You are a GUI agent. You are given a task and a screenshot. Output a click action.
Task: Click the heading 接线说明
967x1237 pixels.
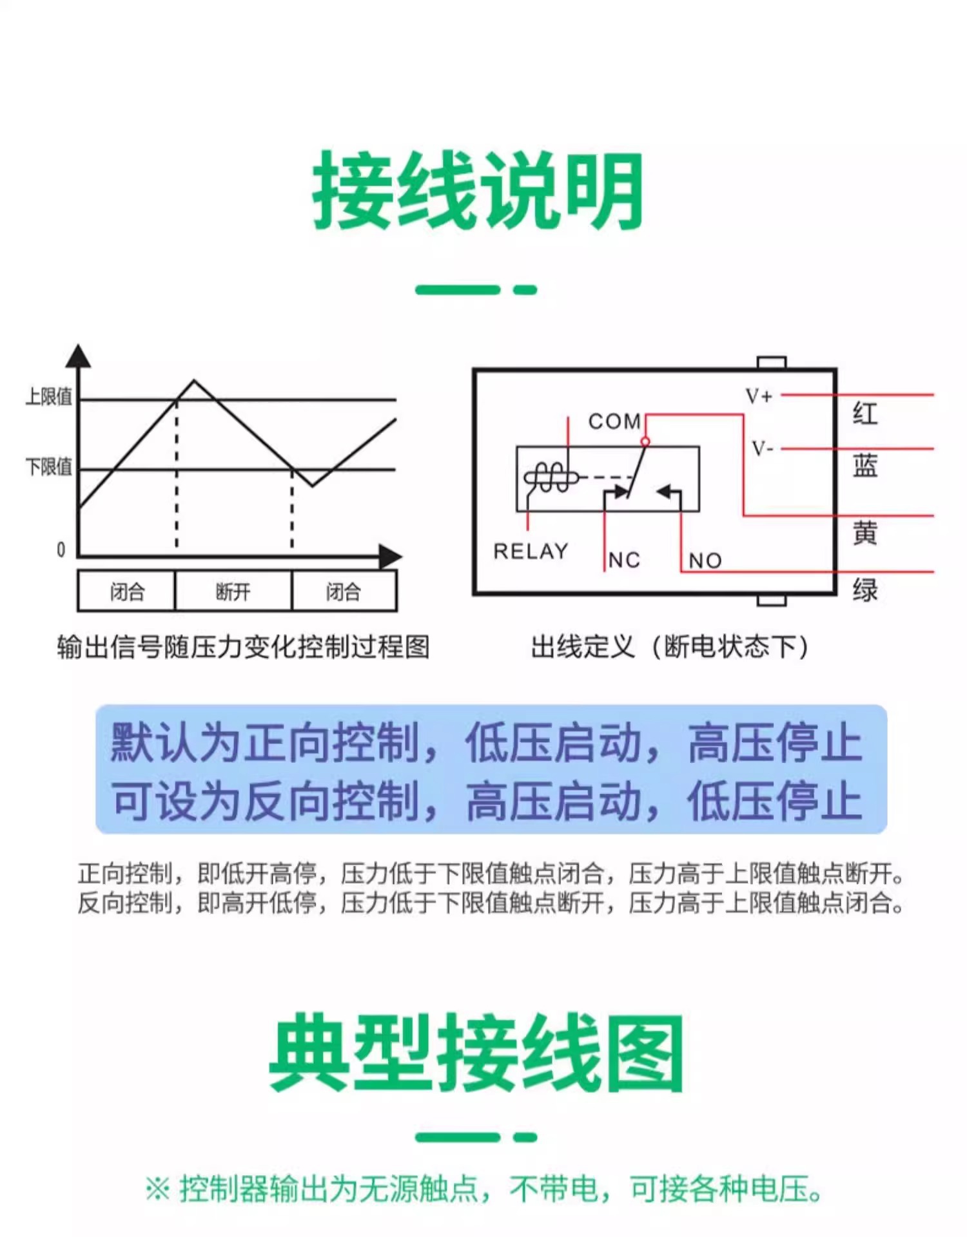(478, 191)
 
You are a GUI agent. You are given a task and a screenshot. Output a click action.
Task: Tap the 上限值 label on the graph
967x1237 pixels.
(49, 397)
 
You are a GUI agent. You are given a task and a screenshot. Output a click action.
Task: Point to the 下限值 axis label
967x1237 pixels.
(49, 466)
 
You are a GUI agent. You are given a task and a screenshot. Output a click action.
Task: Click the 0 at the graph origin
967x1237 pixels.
(61, 550)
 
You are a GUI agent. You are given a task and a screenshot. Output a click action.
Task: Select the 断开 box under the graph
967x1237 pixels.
(233, 591)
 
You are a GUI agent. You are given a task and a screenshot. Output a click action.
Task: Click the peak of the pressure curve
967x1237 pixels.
(194, 381)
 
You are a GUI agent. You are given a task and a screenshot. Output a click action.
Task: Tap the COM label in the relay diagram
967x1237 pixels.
(614, 421)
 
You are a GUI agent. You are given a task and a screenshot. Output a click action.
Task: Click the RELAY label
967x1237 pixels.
(531, 551)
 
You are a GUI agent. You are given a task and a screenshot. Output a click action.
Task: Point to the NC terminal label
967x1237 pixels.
(624, 561)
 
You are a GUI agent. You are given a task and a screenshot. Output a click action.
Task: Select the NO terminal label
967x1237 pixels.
(705, 561)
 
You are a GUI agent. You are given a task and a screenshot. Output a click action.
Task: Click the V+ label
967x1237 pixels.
(759, 396)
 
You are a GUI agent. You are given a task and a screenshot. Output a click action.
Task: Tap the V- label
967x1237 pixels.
(762, 448)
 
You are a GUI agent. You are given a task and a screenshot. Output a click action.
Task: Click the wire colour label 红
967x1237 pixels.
(865, 413)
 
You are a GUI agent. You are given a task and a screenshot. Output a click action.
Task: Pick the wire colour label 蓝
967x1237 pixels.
(865, 465)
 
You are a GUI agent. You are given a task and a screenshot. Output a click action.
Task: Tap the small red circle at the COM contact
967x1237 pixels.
(645, 441)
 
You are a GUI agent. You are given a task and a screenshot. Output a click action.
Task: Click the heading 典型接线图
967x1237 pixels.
(476, 1053)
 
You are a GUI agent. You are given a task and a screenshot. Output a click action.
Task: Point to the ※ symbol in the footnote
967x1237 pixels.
(158, 1189)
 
